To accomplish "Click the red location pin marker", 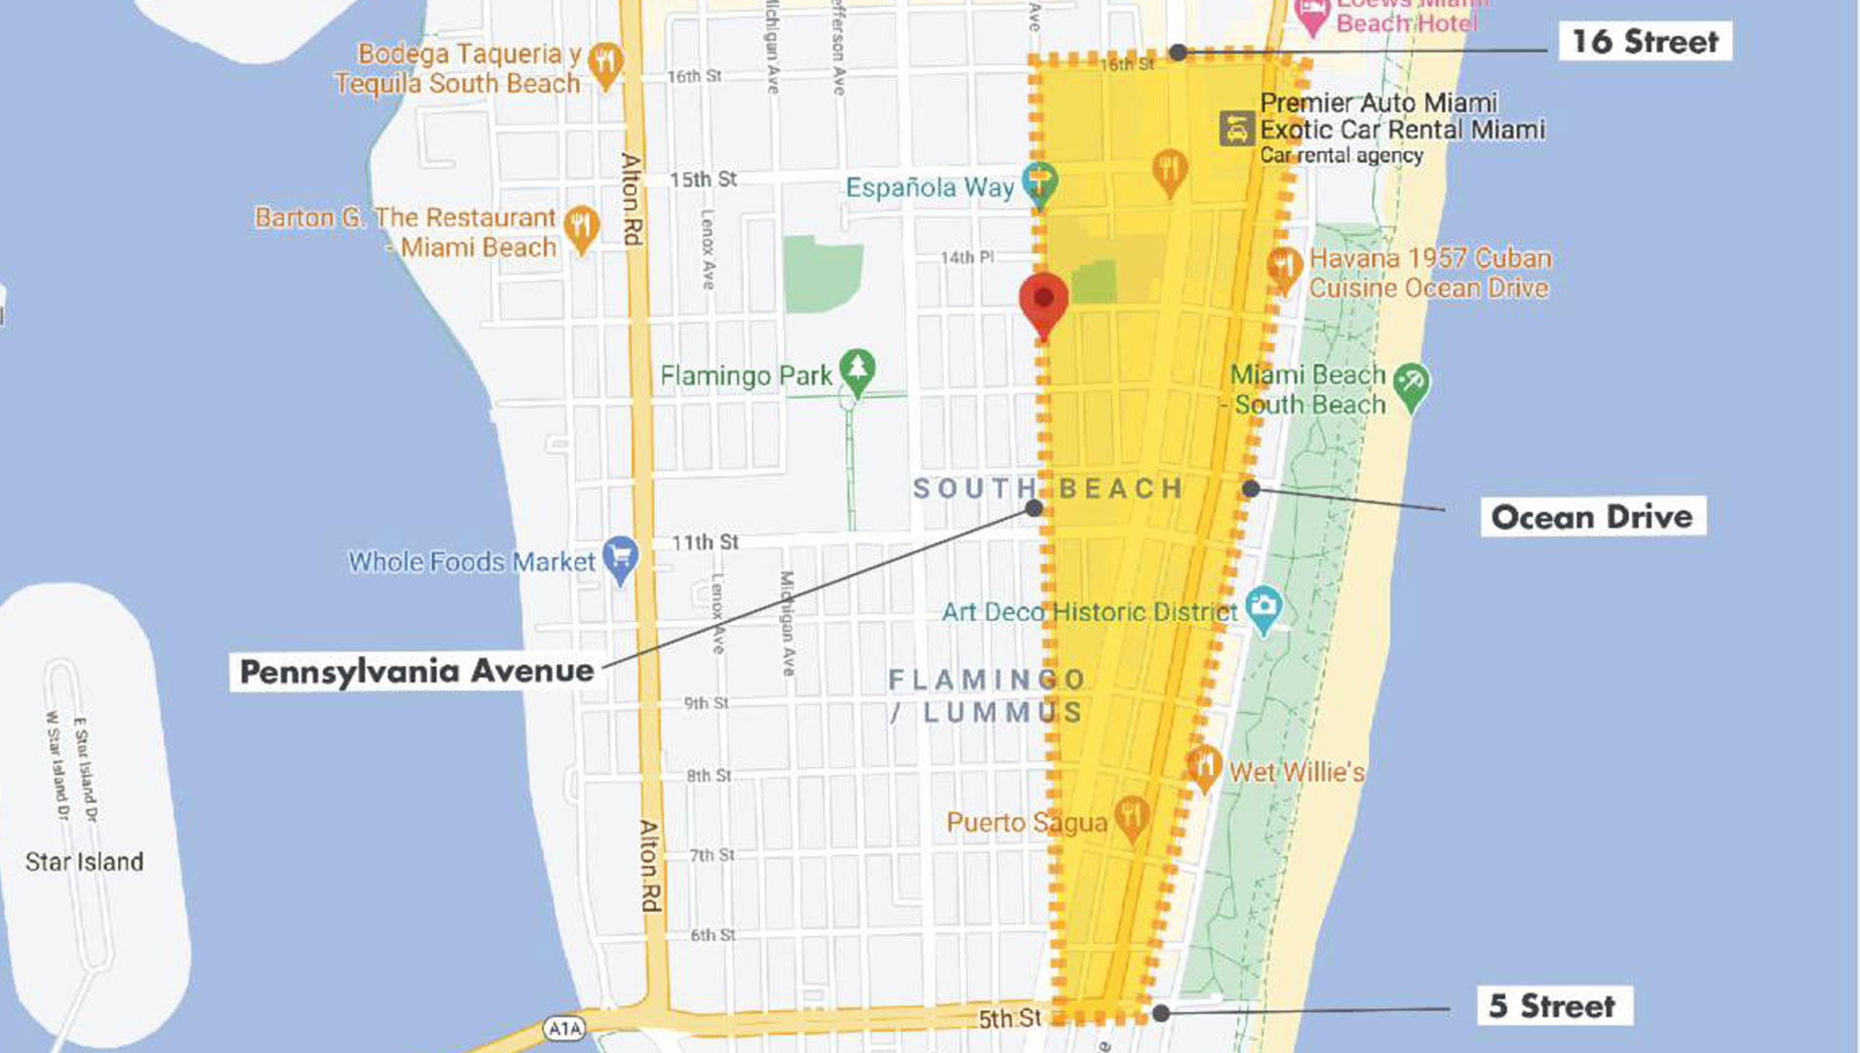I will point(1043,299).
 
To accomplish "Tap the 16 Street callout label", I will point(1645,42).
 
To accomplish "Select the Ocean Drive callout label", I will point(1592,517).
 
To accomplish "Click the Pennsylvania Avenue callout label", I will point(416,672).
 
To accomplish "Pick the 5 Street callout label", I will point(1552,1005).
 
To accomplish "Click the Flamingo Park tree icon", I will point(857,370).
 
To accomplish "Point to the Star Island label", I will point(85,862).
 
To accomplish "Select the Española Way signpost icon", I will point(1039,182).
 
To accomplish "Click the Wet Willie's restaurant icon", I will point(1205,766).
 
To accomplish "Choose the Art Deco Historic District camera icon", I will point(1263,606).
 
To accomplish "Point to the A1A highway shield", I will point(564,1028).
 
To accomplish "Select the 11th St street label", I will point(705,542).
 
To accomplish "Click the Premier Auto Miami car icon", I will point(1236,129).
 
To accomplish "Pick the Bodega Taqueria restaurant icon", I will point(605,63).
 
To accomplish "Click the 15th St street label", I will point(703,179).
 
